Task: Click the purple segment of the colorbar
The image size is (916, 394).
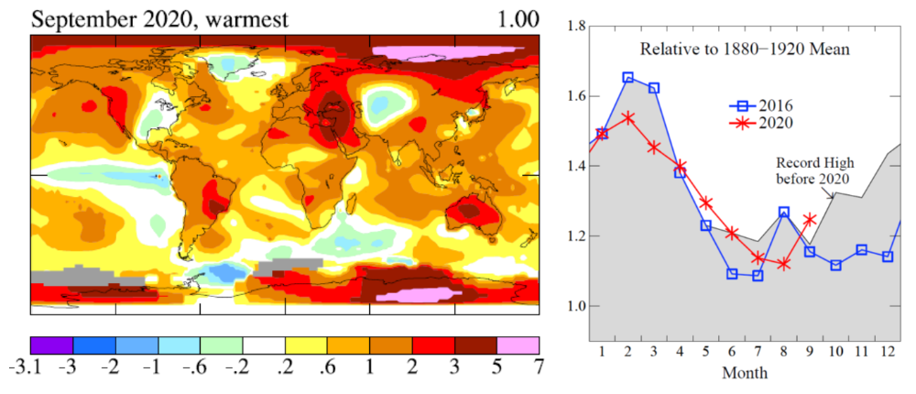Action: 51,345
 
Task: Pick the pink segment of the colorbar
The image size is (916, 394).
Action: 518,345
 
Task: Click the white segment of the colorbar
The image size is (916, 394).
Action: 264,345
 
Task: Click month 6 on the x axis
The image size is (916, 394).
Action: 731,353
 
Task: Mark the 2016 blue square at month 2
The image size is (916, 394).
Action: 627,77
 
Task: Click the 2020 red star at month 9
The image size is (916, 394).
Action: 809,219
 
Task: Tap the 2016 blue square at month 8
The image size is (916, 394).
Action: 783,212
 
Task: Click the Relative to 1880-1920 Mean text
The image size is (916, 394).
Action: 744,48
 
